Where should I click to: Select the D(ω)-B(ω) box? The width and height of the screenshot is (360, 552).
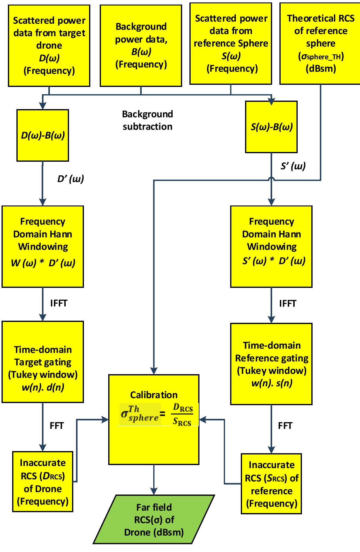(43, 136)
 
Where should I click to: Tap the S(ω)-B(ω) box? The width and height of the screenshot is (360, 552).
(271, 127)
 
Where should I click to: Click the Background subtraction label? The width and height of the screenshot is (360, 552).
(147, 120)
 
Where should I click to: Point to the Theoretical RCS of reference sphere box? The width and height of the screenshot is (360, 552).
(320, 44)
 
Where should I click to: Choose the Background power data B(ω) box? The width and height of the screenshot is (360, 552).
(141, 46)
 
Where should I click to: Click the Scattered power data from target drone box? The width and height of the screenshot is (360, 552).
(49, 46)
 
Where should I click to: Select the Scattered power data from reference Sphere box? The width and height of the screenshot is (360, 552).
(231, 44)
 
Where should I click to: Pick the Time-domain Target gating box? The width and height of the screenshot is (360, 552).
(43, 362)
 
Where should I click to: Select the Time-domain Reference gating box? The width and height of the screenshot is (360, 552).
(271, 364)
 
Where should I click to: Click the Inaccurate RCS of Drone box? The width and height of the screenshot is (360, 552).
(43, 482)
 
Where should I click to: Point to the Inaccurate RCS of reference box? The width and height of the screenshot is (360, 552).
(271, 484)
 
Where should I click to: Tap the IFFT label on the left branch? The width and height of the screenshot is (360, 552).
(59, 303)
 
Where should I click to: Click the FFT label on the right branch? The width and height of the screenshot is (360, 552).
(285, 426)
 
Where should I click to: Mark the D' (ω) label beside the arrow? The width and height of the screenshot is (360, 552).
(71, 179)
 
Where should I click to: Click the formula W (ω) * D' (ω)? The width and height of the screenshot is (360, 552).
(43, 263)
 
